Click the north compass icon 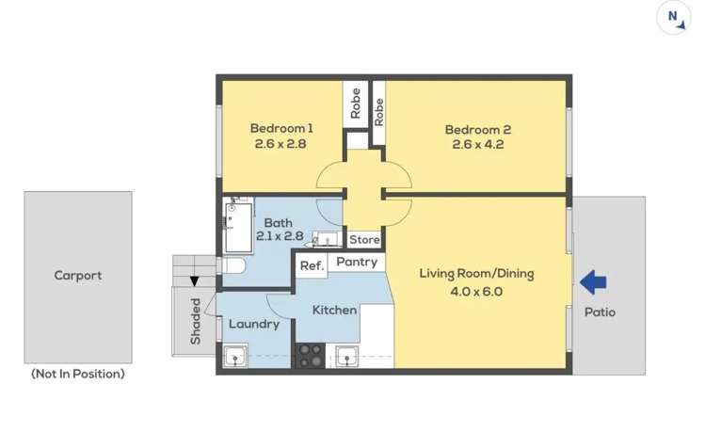673,18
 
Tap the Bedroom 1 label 280,128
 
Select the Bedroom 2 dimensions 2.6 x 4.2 479,144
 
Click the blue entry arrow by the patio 593,281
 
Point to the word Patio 600,312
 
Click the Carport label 77,276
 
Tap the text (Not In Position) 77,374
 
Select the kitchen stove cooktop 311,355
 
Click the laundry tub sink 233,356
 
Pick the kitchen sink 346,356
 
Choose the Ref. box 312,266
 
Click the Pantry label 357,262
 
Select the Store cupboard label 364,240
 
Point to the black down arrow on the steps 195,280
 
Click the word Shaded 196,322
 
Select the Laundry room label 254,324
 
